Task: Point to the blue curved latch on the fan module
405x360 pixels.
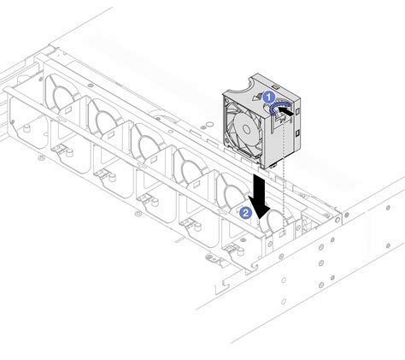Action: [x=279, y=108]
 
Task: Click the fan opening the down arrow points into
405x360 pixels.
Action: [x=272, y=224]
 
